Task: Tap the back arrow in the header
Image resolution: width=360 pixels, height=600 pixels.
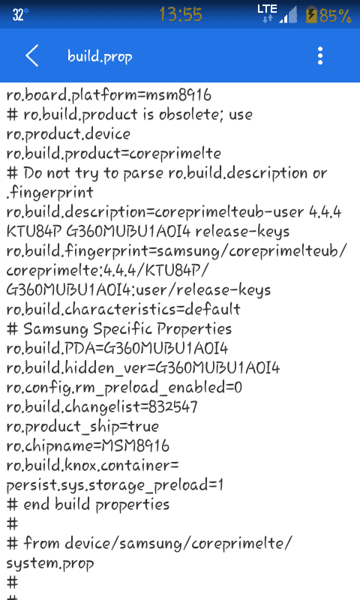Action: pos(31,55)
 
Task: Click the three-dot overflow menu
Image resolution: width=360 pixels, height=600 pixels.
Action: pos(320,55)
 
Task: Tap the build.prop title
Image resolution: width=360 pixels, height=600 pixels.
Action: pos(100,56)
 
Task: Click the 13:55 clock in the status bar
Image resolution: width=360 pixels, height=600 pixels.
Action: pos(180,14)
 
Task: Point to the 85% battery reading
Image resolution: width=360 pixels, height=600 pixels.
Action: pos(335,16)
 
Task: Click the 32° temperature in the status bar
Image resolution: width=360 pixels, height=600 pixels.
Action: pos(20,15)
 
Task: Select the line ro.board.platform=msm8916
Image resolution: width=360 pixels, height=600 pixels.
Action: pos(109,95)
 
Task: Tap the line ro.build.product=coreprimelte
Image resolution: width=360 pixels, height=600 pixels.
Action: pos(113,154)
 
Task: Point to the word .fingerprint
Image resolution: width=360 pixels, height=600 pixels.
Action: pos(49,193)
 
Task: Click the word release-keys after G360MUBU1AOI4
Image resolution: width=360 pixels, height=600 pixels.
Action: pos(242,232)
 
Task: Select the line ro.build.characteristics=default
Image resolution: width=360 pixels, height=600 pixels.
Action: pos(123,309)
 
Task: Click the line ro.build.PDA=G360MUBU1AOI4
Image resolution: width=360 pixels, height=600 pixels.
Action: pos(117,348)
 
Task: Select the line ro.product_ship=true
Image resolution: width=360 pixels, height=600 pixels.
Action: pos(82,426)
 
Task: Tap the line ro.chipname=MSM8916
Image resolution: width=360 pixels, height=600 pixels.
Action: pos(88,445)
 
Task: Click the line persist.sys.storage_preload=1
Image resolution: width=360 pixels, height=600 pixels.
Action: pos(115,485)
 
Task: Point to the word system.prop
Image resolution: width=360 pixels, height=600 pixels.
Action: pos(50,563)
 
